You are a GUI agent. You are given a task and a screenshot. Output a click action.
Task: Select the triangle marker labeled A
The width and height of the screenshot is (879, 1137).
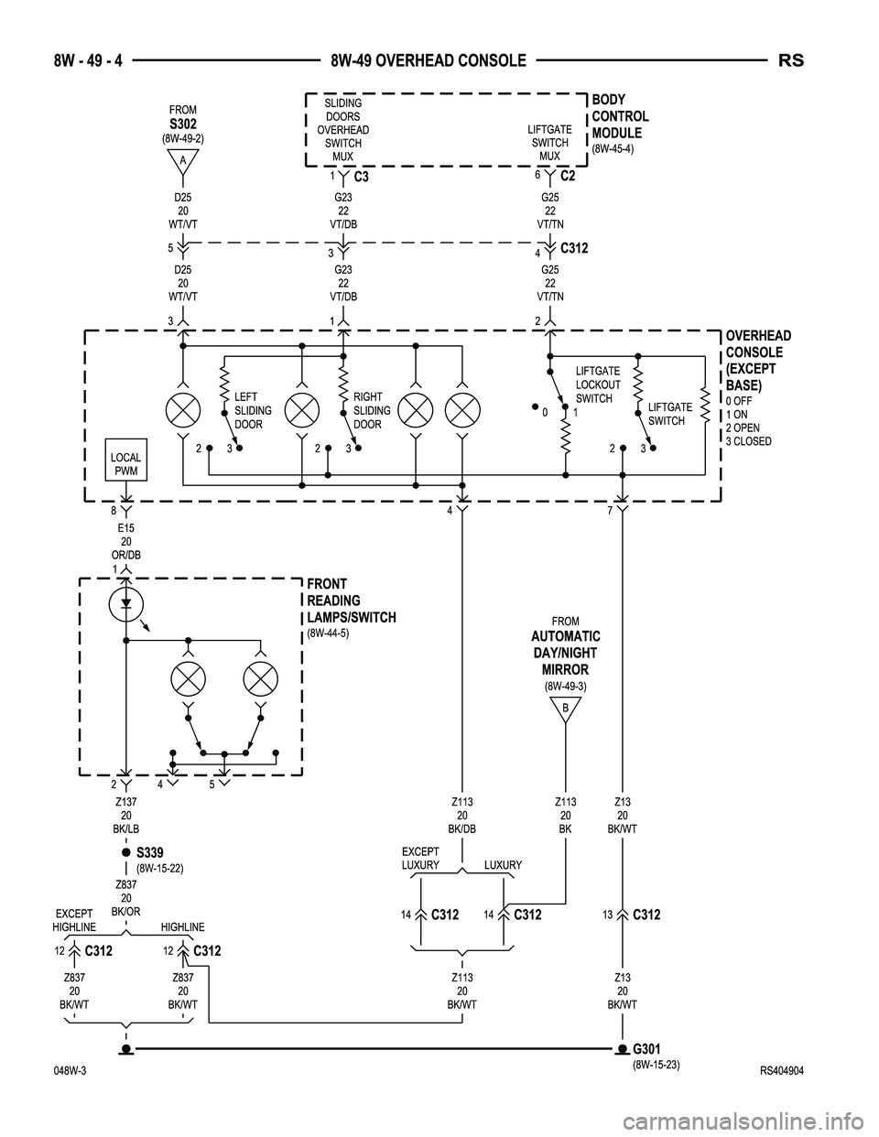pyautogui.click(x=183, y=161)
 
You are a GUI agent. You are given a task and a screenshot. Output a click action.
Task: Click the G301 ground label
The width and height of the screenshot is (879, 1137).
pyautogui.click(x=646, y=1048)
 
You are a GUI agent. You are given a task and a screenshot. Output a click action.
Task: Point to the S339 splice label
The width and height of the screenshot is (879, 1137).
pyautogui.click(x=149, y=852)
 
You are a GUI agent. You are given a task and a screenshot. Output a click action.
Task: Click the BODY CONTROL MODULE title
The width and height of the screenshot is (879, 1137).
pyautogui.click(x=620, y=116)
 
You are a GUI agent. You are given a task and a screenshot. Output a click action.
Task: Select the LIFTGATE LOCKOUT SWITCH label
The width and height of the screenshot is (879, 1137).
pyautogui.click(x=597, y=384)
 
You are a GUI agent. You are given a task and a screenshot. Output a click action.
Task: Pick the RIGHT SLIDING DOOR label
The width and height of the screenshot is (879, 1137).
pyautogui.click(x=372, y=410)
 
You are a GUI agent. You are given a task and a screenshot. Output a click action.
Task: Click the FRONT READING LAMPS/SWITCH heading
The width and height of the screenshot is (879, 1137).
pyautogui.click(x=351, y=601)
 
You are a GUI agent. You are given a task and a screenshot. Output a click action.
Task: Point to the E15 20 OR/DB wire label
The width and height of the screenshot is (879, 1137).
pyautogui.click(x=125, y=541)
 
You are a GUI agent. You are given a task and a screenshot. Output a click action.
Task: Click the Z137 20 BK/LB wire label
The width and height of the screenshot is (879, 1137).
pyautogui.click(x=125, y=815)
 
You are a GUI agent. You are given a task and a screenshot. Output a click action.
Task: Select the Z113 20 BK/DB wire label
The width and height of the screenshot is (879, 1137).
pyautogui.click(x=462, y=815)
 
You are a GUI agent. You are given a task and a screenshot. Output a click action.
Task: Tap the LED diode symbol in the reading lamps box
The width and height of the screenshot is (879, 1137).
pyautogui.click(x=125, y=603)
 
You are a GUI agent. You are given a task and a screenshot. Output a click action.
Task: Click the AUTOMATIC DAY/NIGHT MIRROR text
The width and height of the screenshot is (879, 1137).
pyautogui.click(x=566, y=653)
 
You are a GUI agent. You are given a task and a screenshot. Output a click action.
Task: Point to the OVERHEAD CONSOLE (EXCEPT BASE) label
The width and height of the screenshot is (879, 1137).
pyautogui.click(x=757, y=361)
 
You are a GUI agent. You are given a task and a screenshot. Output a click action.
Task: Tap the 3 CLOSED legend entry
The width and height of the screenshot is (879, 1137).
pyautogui.click(x=748, y=441)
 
